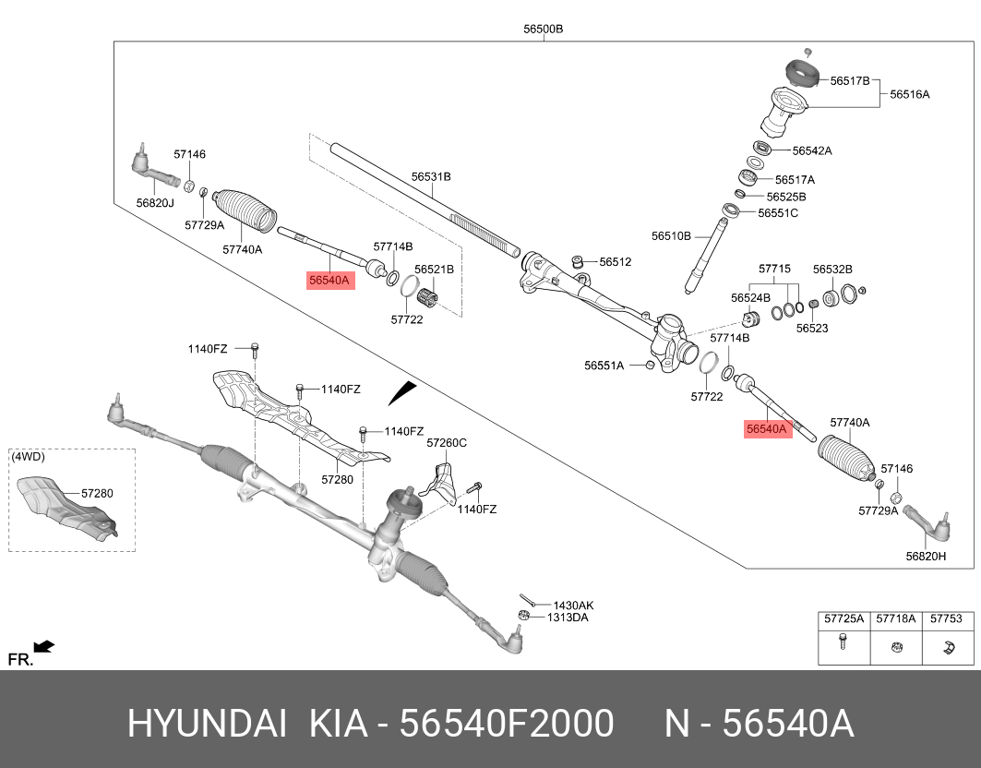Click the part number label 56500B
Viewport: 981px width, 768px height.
tap(543, 29)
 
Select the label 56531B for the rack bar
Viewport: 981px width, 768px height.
tap(431, 176)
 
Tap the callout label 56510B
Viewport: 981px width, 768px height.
tap(671, 236)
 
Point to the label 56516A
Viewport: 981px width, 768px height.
tap(909, 94)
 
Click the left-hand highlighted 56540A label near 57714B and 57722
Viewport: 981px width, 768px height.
tap(330, 280)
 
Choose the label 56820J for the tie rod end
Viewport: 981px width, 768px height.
tap(155, 202)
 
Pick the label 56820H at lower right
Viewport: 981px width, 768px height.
tap(926, 556)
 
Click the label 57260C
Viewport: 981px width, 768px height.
tap(447, 443)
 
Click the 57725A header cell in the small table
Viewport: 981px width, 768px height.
tap(843, 618)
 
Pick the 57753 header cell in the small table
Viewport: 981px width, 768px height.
tap(945, 618)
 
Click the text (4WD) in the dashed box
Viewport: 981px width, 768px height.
tap(28, 456)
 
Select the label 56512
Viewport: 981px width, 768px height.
tap(615, 262)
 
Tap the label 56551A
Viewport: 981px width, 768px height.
tap(604, 366)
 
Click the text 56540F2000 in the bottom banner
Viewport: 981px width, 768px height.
tap(506, 725)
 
